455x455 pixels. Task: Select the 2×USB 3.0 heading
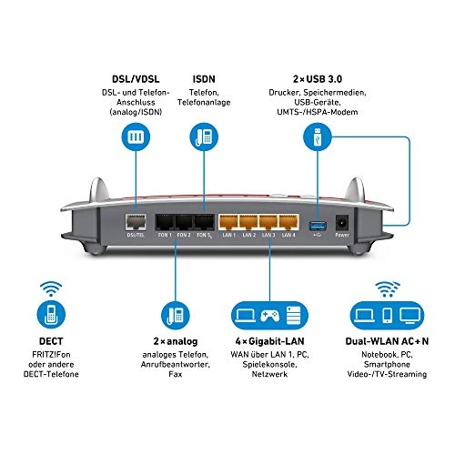click(x=311, y=80)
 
